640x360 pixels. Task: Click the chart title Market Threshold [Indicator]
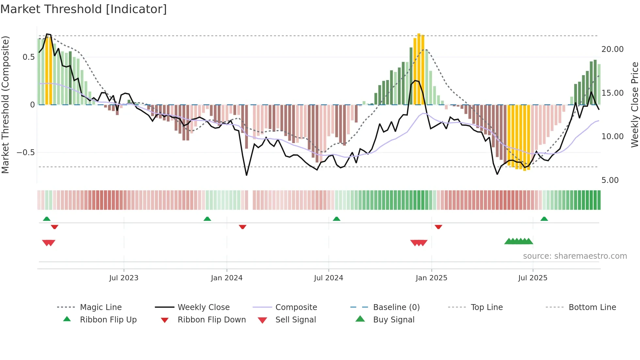pos(84,9)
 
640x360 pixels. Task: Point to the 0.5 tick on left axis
pos(28,57)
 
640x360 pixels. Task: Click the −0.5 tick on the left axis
pos(25,153)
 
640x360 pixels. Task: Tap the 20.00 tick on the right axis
pos(612,49)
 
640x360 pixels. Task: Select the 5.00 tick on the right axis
pos(610,180)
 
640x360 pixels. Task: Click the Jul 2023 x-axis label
pos(124,278)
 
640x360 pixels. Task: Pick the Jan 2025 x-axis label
pos(431,278)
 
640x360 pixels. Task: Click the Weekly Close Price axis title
pos(634,105)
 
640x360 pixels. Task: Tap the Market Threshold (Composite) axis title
pos(5,105)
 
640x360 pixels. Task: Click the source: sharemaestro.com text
pos(575,256)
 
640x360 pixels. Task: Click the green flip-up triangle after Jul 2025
pos(544,219)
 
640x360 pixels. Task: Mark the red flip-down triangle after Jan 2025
pos(438,227)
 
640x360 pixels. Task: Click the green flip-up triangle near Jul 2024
pos(336,219)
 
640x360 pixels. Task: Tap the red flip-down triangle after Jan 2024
pos(242,227)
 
